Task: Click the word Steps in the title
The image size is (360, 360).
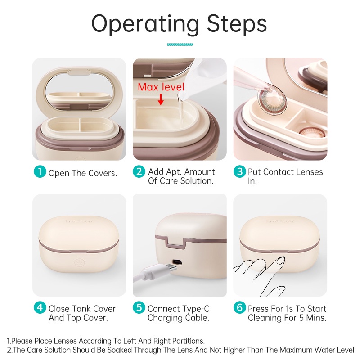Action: tap(237, 24)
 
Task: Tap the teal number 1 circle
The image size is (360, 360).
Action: tap(40, 171)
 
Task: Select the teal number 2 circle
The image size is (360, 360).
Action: tap(139, 171)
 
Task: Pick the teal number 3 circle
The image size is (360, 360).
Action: tap(240, 171)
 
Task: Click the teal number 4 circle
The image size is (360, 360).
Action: tap(40, 308)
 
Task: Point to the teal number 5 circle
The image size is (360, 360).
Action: tap(139, 308)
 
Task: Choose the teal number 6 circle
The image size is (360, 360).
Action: tap(240, 308)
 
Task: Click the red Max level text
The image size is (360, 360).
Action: tap(161, 87)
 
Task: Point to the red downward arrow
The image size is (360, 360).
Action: tap(161, 99)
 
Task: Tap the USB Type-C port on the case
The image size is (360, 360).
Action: tap(177, 262)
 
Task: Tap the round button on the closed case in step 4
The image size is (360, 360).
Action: tap(80, 263)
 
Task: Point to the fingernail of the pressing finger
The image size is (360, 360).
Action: tap(281, 260)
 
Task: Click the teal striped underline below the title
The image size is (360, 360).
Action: tap(180, 45)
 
